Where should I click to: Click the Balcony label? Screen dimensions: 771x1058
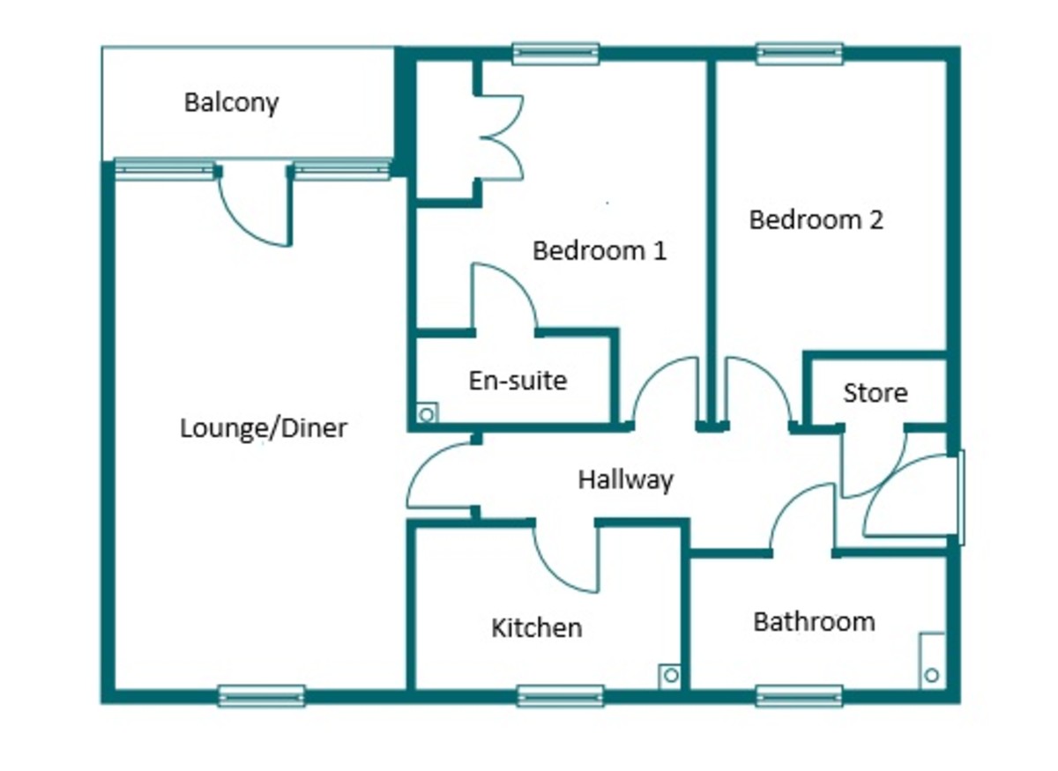point(231,102)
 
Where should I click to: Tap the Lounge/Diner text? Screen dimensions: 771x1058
point(264,429)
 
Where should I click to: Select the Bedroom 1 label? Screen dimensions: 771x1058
point(600,251)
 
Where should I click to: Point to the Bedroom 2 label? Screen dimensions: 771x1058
point(816,219)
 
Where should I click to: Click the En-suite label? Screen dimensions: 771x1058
point(518,381)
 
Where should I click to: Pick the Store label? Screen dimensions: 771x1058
point(875,392)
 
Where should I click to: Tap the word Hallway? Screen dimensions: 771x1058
point(625,480)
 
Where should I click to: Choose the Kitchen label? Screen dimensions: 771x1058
point(536,628)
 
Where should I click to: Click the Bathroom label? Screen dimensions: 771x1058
point(814,622)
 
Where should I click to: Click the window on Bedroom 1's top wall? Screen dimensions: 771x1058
point(556,54)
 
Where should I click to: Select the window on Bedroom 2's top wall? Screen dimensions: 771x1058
point(800,54)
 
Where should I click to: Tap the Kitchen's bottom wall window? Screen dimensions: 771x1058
point(560,696)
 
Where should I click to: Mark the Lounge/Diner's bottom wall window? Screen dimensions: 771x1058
point(262,696)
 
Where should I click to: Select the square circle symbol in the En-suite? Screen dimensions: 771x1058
point(427,413)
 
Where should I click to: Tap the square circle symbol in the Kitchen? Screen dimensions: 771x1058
point(670,676)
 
